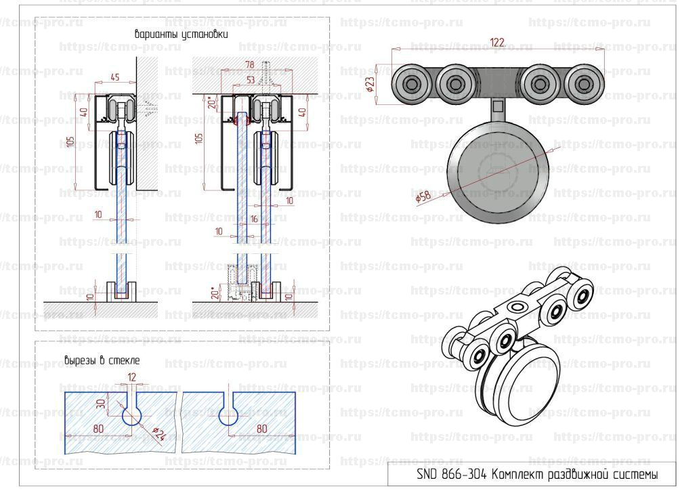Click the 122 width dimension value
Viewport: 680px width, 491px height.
(498, 42)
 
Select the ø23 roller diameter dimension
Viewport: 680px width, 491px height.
(370, 83)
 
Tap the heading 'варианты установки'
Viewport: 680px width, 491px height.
(182, 33)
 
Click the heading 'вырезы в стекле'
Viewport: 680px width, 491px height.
(102, 360)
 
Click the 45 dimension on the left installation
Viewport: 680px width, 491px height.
(114, 77)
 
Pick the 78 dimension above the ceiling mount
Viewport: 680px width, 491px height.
(249, 64)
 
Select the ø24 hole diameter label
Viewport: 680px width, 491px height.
(158, 434)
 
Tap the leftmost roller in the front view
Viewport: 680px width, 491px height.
(412, 85)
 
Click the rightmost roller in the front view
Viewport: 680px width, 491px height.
(582, 85)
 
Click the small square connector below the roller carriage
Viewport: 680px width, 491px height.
(498, 105)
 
